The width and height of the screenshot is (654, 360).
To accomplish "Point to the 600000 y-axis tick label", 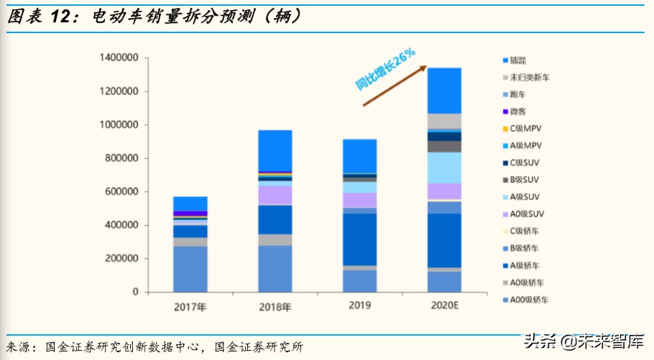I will click(121, 192).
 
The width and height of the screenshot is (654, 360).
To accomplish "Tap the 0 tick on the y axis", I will click(135, 292).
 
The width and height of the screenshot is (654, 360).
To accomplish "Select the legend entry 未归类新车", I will click(529, 78).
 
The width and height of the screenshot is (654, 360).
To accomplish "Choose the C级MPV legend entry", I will click(524, 129).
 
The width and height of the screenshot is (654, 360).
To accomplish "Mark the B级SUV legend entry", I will click(524, 180).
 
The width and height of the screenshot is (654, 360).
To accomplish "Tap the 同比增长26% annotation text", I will click(385, 69).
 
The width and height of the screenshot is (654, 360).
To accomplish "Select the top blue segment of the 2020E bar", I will click(444, 91).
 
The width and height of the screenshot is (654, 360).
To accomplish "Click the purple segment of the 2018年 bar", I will click(275, 195).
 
